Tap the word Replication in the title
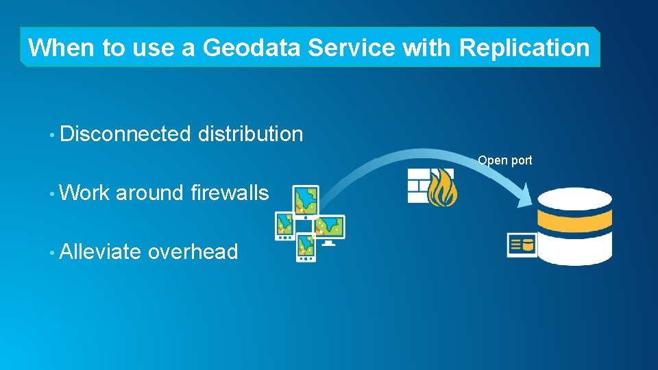pyautogui.click(x=524, y=48)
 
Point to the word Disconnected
pyautogui.click(x=125, y=134)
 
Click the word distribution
pyautogui.click(x=250, y=134)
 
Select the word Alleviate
pyautogui.click(x=101, y=252)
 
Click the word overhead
pyautogui.click(x=193, y=252)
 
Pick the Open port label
pyautogui.click(x=504, y=160)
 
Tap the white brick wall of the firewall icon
pyautogui.click(x=418, y=185)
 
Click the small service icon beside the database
pyautogui.click(x=522, y=245)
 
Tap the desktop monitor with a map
pyautogui.click(x=329, y=229)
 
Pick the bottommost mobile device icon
pyautogui.click(x=306, y=248)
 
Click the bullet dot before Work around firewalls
pyautogui.click(x=52, y=194)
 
